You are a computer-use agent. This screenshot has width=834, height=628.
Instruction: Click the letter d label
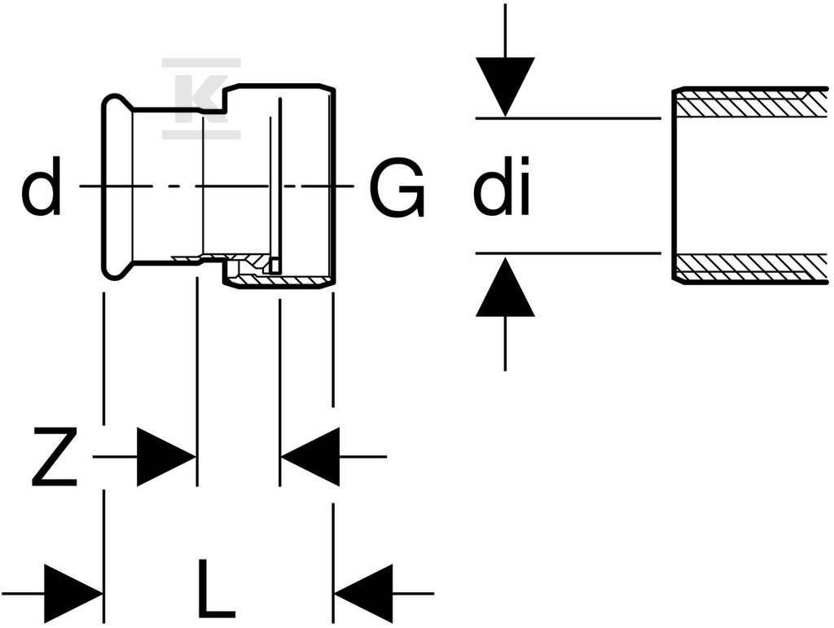(x=41, y=186)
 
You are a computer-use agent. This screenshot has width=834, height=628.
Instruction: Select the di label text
(x=502, y=186)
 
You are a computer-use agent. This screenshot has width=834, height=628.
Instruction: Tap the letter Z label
(x=55, y=457)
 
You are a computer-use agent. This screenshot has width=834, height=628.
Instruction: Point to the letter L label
(x=215, y=588)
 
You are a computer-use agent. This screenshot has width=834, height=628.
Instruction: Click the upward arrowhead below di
(x=505, y=288)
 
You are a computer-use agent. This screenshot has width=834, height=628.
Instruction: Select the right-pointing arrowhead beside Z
(x=166, y=456)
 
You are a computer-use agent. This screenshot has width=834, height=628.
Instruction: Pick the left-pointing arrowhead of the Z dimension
(x=310, y=456)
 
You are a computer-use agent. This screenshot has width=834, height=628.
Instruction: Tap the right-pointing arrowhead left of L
(x=73, y=594)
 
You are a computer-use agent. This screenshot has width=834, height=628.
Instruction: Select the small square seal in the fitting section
(x=275, y=265)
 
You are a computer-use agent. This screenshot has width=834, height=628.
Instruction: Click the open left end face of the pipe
(x=674, y=185)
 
